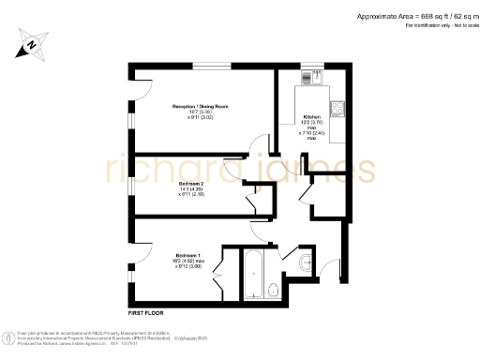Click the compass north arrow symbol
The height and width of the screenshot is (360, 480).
pyautogui.click(x=31, y=43)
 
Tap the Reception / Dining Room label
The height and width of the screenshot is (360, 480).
pyautogui.click(x=201, y=107)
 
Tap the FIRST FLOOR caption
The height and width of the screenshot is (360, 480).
pyautogui.click(x=147, y=310)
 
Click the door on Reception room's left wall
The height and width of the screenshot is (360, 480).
pyautogui.click(x=134, y=89)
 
